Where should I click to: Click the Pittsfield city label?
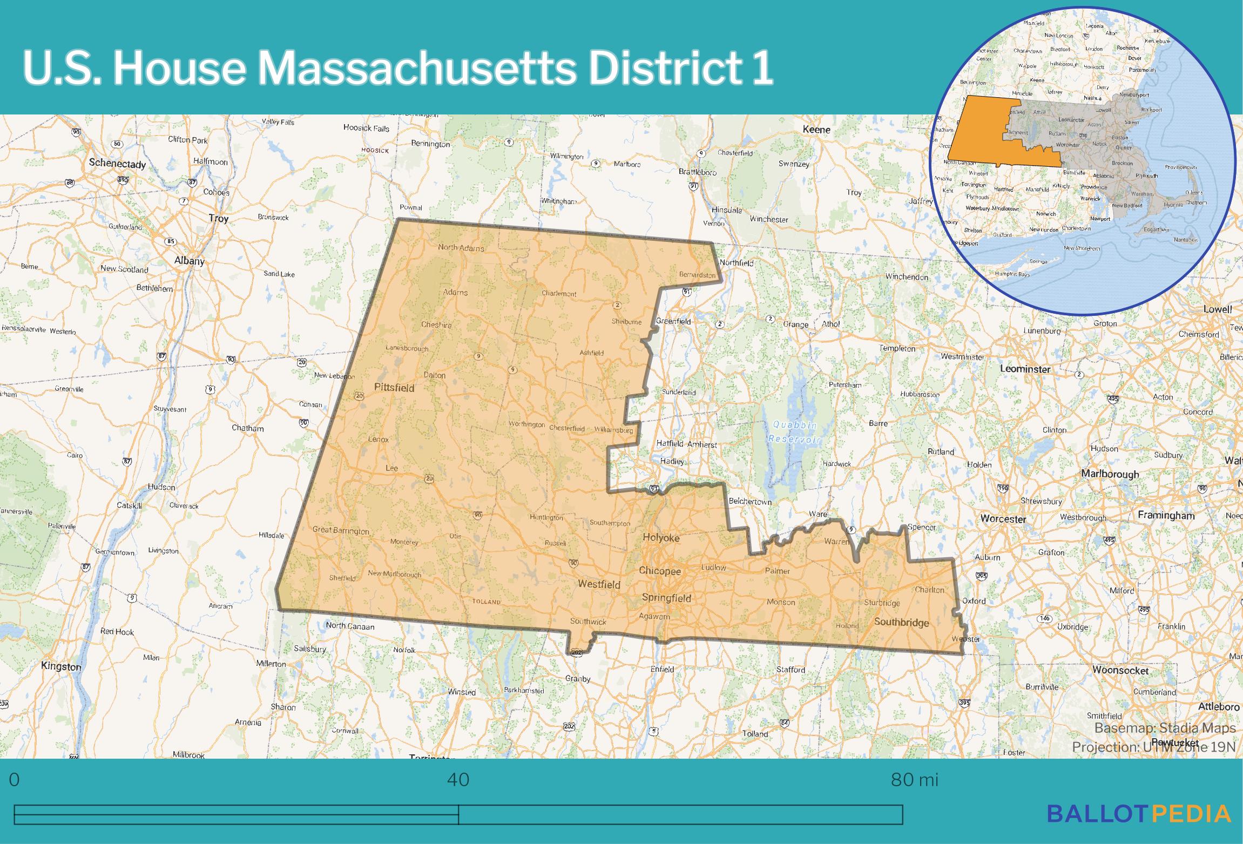point(394,388)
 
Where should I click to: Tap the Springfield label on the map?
point(666,598)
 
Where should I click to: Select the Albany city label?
point(189,261)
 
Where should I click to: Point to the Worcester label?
point(1003,519)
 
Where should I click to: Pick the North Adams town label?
point(461,248)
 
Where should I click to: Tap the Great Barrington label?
point(341,530)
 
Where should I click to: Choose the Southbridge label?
point(901,622)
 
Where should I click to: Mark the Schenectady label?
point(117,163)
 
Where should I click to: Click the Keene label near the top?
point(816,130)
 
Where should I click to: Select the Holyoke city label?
point(661,538)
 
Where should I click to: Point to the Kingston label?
point(61,666)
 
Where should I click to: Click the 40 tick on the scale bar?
point(458,780)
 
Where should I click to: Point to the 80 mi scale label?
point(915,780)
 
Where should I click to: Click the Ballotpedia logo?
point(1139,828)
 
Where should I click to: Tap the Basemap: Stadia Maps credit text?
point(1165,728)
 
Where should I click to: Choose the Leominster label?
point(1025,369)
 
